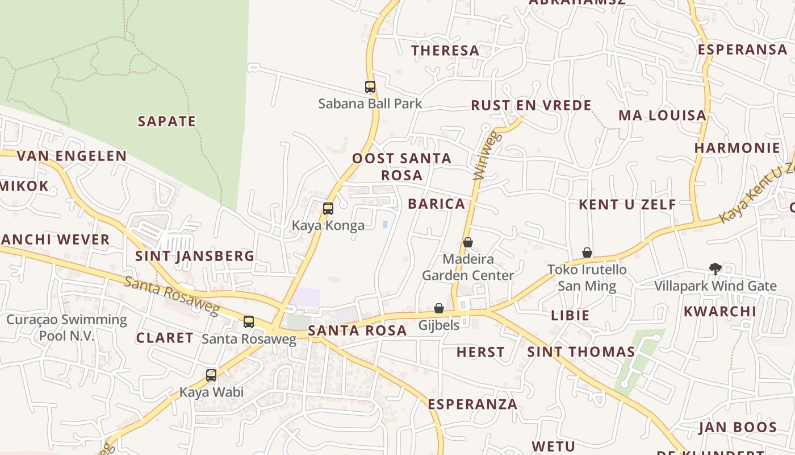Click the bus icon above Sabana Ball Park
click(x=370, y=87)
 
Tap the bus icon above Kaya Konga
click(x=328, y=209)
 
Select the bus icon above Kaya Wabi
click(x=211, y=375)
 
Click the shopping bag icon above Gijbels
click(x=438, y=308)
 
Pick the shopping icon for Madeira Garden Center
click(x=468, y=242)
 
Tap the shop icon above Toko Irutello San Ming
click(x=587, y=252)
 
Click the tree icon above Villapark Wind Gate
click(x=715, y=268)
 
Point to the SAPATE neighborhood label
click(x=167, y=121)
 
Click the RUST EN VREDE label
click(x=531, y=105)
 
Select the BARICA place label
click(x=436, y=204)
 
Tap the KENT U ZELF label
click(x=627, y=204)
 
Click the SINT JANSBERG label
click(x=195, y=256)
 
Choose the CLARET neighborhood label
click(x=165, y=337)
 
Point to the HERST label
click(x=480, y=352)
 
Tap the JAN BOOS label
click(x=737, y=427)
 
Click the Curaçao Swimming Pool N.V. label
click(x=66, y=327)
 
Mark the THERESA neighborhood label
click(x=445, y=51)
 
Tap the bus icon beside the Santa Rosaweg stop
click(x=249, y=322)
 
